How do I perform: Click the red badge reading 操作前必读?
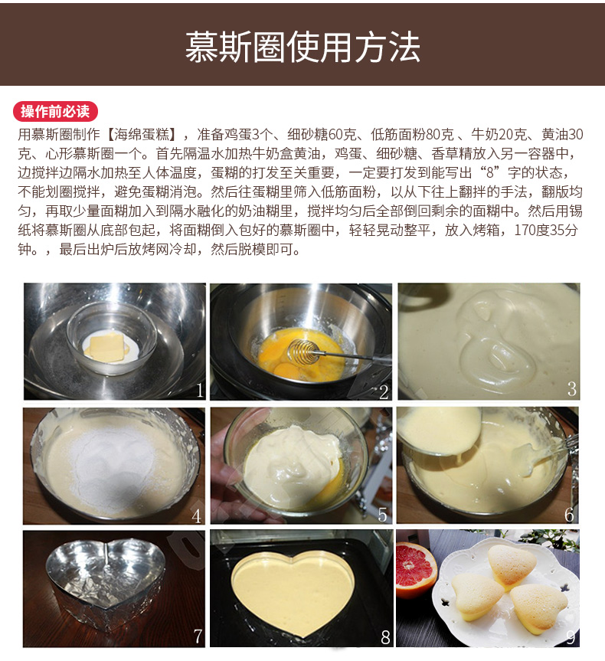pos(56,112)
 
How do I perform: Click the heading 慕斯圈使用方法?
pos(302,47)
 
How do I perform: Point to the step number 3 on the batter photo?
pos(572,388)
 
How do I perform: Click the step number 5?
pos(382,514)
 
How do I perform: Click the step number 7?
pos(198,636)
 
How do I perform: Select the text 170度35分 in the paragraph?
pos(545,231)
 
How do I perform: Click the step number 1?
pos(200,391)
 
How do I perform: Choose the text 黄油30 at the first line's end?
pos(562,135)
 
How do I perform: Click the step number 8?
pos(385,637)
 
